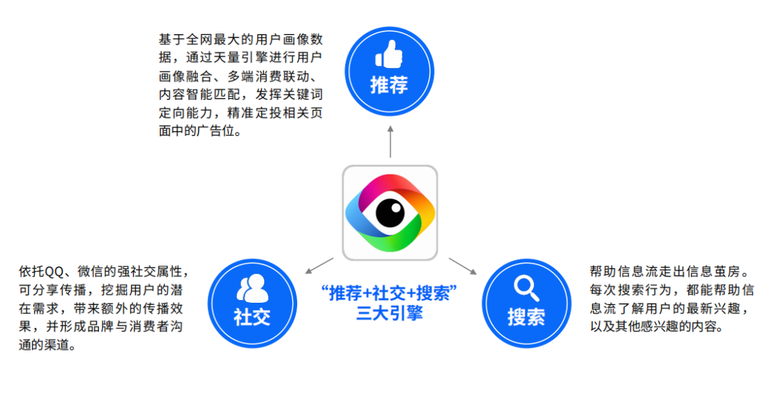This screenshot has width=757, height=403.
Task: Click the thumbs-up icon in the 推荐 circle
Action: pyautogui.click(x=389, y=54)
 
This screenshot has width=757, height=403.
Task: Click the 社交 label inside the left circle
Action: pyautogui.click(x=252, y=316)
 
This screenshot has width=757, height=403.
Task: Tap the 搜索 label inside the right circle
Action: pyautogui.click(x=526, y=317)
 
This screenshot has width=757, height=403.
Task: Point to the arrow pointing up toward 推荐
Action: pyautogui.click(x=390, y=139)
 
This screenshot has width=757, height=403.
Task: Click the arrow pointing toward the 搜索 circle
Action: pyautogui.click(x=463, y=266)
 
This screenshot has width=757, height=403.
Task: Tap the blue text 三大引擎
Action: pyautogui.click(x=389, y=313)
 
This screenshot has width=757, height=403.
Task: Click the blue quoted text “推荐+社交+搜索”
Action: pyautogui.click(x=389, y=293)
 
